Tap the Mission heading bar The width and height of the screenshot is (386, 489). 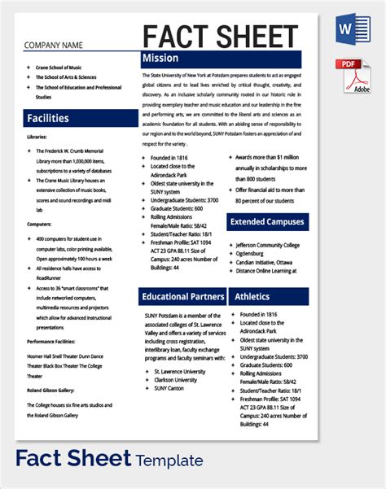coord(221,59)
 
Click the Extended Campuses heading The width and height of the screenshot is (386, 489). coord(268,221)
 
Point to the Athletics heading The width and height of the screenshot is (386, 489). coord(268,296)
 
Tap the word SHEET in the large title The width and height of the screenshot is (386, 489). coord(259,37)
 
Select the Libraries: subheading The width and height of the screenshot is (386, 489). coord(37,138)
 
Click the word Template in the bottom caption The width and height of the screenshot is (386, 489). coord(170,461)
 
